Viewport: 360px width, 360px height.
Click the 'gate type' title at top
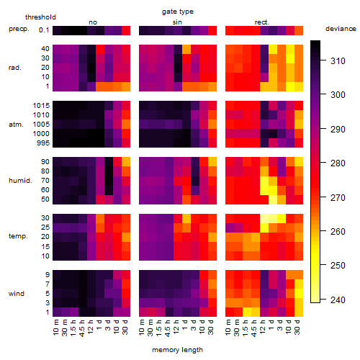click(x=178, y=12)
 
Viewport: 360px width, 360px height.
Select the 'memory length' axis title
click(x=177, y=350)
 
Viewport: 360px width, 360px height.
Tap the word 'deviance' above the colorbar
click(x=341, y=29)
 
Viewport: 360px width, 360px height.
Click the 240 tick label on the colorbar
click(x=338, y=300)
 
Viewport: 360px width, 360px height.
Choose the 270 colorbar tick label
click(x=338, y=198)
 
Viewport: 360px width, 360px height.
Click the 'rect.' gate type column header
click(x=262, y=22)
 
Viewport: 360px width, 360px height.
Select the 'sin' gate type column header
click(x=177, y=22)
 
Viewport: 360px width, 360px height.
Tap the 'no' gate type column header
click(x=93, y=22)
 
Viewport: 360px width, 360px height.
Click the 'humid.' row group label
click(x=20, y=181)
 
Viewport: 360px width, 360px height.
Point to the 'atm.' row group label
click(x=16, y=125)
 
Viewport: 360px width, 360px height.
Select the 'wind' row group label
click(x=17, y=294)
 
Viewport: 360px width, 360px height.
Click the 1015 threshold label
click(x=41, y=106)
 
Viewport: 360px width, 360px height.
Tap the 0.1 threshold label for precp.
click(x=44, y=30)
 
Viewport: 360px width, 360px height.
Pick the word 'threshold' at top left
click(x=40, y=17)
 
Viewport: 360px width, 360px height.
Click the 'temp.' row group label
click(x=18, y=236)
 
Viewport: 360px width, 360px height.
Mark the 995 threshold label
click(x=43, y=143)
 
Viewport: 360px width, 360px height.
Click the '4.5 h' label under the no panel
click(x=81, y=328)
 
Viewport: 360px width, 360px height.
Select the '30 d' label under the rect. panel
click(x=297, y=327)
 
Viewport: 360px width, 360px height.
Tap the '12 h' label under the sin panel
click(x=176, y=327)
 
